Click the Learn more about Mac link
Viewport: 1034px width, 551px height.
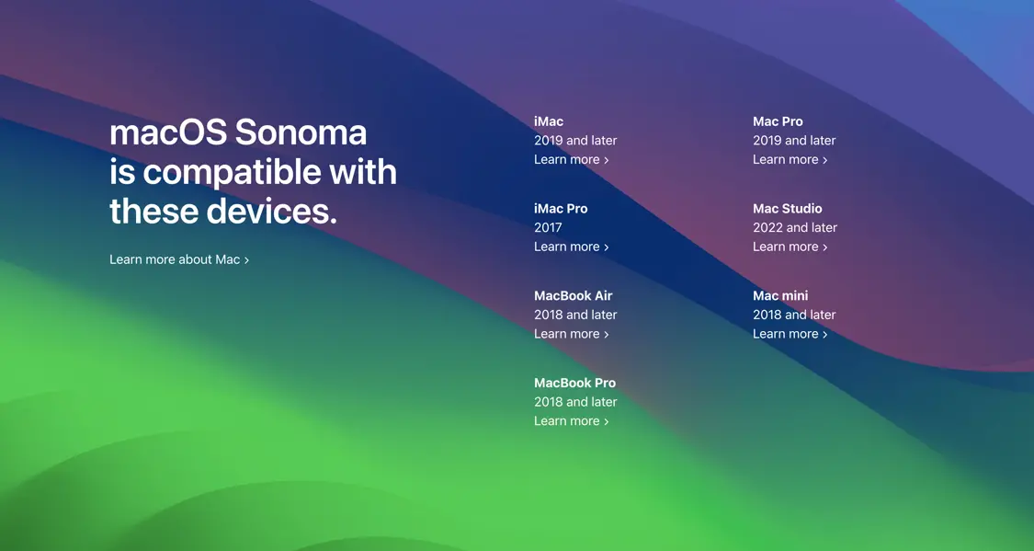pos(179,259)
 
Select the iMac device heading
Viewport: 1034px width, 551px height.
pos(549,121)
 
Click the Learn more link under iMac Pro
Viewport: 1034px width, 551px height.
pos(571,247)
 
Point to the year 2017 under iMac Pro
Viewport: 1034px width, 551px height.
pos(548,227)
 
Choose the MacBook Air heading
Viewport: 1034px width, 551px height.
pos(573,295)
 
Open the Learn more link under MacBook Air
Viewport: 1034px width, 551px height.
pos(571,334)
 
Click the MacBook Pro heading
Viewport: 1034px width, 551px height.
pos(575,383)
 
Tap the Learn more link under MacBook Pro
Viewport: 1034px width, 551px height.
pos(571,421)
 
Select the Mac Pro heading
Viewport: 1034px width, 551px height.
pos(778,121)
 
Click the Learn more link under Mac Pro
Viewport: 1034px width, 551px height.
pos(790,160)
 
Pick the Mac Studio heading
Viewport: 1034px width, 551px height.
pos(788,209)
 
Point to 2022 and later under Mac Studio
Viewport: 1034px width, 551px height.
pos(795,227)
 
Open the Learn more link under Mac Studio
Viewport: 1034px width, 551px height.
pos(790,247)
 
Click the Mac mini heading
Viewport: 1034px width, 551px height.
pos(780,295)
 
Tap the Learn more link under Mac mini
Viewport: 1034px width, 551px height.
pos(790,334)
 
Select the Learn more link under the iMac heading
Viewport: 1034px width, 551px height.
pos(571,160)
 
